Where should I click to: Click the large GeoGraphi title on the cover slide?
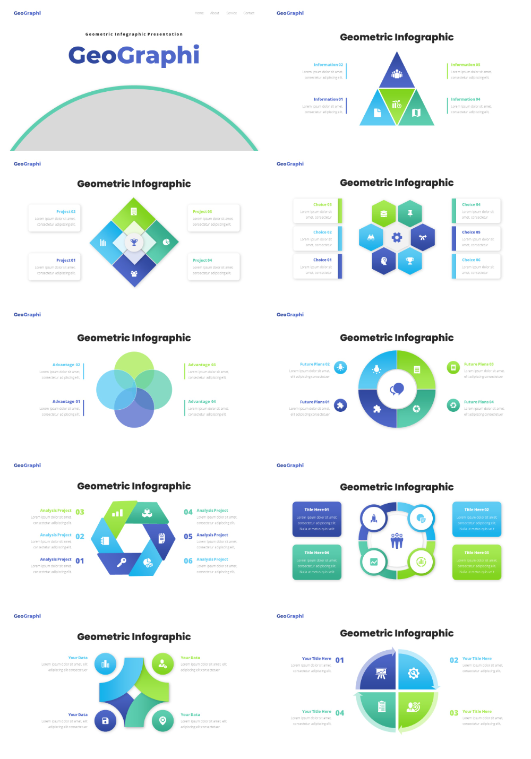tap(134, 55)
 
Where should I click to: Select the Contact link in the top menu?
tap(249, 13)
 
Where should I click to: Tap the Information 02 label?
tap(328, 65)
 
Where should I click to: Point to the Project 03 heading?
tap(202, 212)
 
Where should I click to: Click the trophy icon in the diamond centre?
tap(134, 243)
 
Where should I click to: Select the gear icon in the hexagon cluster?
tap(397, 237)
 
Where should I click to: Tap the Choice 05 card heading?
tap(471, 232)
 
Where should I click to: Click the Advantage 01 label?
tap(66, 402)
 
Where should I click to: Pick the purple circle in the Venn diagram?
tap(134, 408)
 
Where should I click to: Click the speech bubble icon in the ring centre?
tap(397, 390)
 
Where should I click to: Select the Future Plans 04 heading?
tap(478, 402)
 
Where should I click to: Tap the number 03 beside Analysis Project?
tap(80, 512)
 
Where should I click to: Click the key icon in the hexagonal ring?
tap(122, 562)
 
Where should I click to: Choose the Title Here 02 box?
tap(476, 519)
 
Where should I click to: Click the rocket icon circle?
tap(374, 519)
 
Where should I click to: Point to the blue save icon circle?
tap(105, 721)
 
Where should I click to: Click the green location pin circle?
tap(162, 721)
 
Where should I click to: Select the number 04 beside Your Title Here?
tap(340, 713)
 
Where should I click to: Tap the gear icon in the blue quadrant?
tap(414, 673)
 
